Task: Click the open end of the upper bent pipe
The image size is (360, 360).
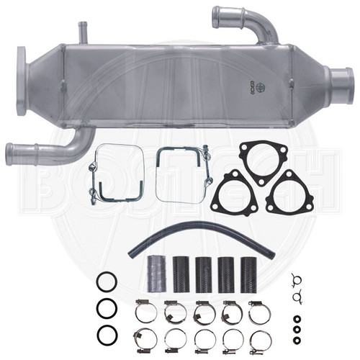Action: pyautogui.click(x=217, y=14)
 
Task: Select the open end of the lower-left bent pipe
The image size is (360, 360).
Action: pyautogui.click(x=11, y=151)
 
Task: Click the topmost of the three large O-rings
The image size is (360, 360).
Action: pyautogui.click(x=104, y=280)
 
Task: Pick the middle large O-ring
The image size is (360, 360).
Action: pyautogui.click(x=105, y=307)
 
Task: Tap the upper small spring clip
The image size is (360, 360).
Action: pyautogui.click(x=294, y=279)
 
